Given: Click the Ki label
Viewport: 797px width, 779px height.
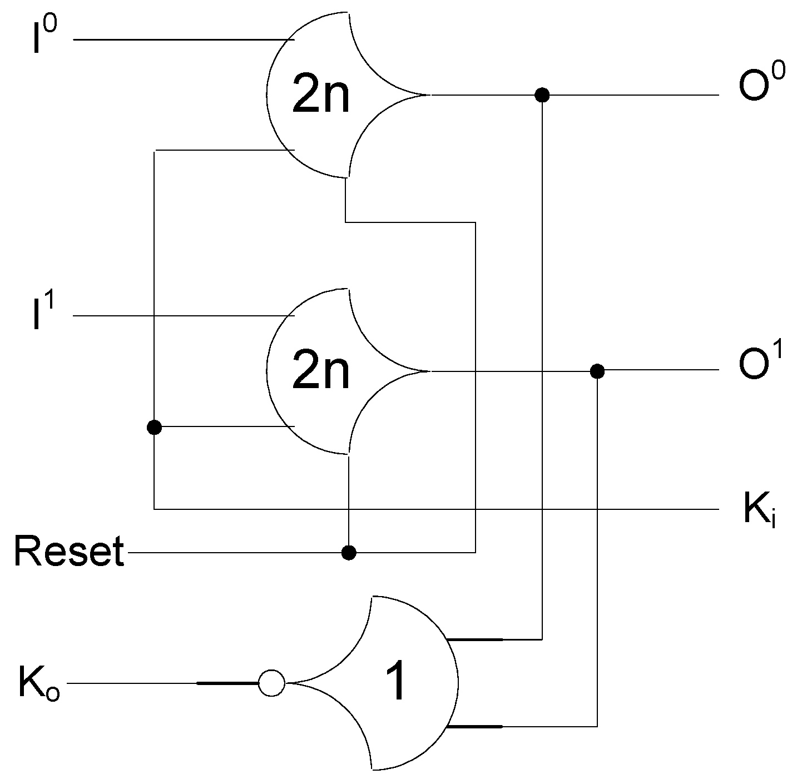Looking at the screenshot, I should (x=760, y=510).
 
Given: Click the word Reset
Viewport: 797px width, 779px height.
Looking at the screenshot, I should (x=69, y=552).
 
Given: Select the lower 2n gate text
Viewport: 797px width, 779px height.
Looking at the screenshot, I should (x=321, y=371).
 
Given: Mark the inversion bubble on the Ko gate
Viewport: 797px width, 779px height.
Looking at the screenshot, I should (x=271, y=682).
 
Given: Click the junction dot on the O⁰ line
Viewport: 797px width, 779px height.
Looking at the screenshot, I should (x=542, y=95).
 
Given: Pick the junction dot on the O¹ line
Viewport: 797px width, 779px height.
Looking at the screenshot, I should (x=597, y=370).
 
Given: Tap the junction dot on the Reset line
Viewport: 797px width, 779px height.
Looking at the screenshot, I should (x=348, y=552).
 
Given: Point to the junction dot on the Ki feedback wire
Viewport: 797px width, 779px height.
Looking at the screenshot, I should (x=154, y=427).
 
